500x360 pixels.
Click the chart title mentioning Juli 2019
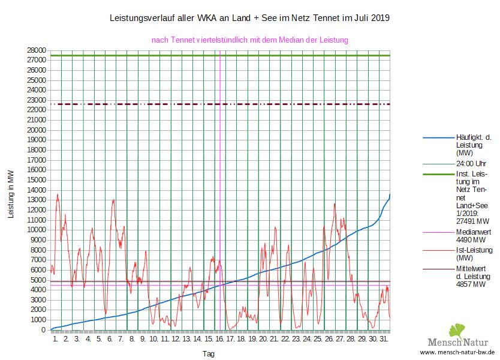click(x=250, y=18)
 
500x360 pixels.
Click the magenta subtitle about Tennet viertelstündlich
click(x=250, y=40)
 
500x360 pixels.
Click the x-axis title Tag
click(x=209, y=354)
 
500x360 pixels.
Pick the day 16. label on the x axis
click(x=219, y=340)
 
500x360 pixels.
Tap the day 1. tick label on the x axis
click(x=56, y=340)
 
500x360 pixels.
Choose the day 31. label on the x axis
click(x=384, y=340)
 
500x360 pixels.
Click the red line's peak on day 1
click(x=58, y=194)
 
